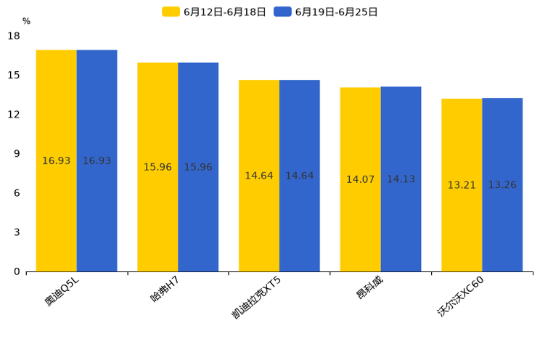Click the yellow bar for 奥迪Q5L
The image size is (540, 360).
[x=57, y=160]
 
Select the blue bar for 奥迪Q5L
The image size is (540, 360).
[x=97, y=160]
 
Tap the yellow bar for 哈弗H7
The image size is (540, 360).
[x=157, y=167]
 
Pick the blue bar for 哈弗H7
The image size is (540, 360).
[x=198, y=167]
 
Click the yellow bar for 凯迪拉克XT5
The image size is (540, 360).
[x=259, y=176]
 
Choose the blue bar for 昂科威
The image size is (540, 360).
[x=401, y=179]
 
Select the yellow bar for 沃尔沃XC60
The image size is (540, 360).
[x=462, y=185]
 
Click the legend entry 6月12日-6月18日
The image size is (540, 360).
[x=215, y=12]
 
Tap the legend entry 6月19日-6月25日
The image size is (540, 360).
[x=327, y=12]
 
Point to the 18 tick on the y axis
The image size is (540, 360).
[x=14, y=36]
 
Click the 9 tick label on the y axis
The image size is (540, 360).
[x=17, y=154]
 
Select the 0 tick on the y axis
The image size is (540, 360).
[x=17, y=271]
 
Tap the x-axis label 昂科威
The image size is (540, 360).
[x=369, y=288]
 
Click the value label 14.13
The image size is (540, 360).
[x=401, y=179]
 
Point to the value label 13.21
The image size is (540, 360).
[x=462, y=185]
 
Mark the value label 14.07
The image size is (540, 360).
[x=360, y=179]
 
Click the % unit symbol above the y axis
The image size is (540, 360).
[x=26, y=21]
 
